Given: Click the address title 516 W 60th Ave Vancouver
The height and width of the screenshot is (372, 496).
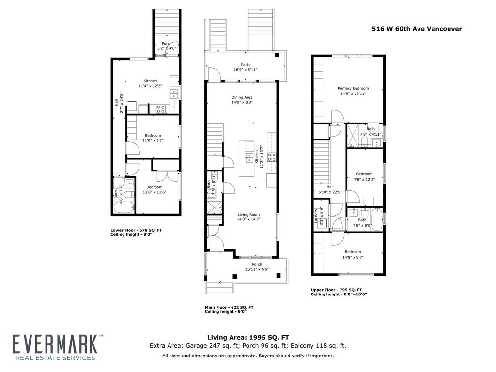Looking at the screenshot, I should pyautogui.click(x=417, y=29).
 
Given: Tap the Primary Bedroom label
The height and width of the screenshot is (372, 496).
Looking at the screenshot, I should pyautogui.click(x=353, y=88).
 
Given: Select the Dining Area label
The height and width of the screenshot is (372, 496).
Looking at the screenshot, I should pyautogui.click(x=242, y=97).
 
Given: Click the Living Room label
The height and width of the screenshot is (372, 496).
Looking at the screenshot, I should pyautogui.click(x=248, y=214).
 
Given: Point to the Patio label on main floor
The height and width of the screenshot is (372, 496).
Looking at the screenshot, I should pyautogui.click(x=245, y=64).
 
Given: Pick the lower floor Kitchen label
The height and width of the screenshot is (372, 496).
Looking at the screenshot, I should pyautogui.click(x=150, y=81).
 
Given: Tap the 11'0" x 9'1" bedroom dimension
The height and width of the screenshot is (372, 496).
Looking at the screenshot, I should pyautogui.click(x=153, y=140).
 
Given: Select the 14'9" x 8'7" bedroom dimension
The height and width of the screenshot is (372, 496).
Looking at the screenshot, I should pyautogui.click(x=353, y=257).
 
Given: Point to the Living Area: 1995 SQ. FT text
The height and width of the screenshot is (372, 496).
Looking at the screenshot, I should pyautogui.click(x=248, y=337).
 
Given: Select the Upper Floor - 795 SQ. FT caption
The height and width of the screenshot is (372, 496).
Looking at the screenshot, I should pyautogui.click(x=336, y=290).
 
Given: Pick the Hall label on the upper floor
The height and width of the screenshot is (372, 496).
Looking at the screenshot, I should pyautogui.click(x=330, y=186).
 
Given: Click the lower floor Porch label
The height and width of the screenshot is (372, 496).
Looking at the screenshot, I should pyautogui.click(x=167, y=44).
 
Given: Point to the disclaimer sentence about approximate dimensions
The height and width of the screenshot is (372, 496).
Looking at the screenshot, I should pyautogui.click(x=248, y=356).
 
